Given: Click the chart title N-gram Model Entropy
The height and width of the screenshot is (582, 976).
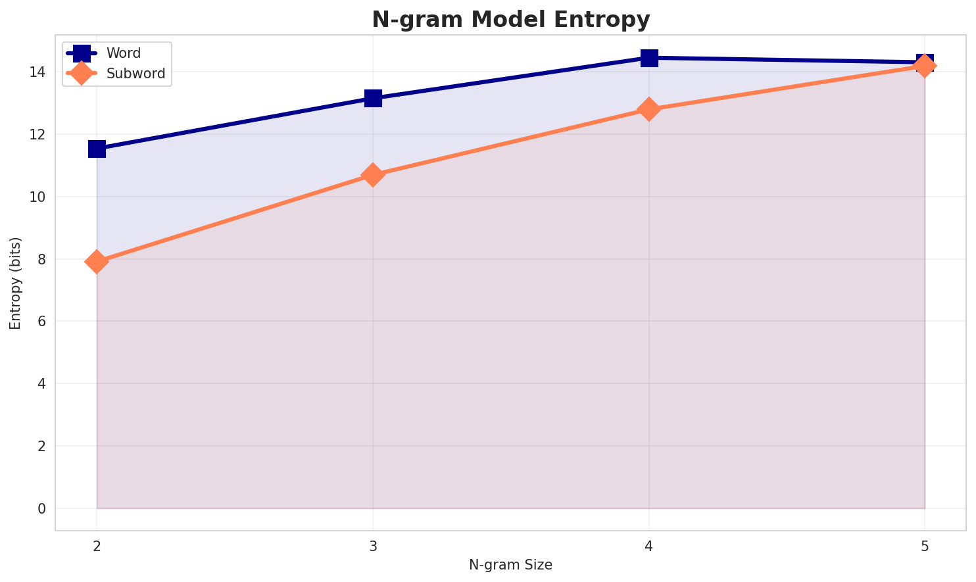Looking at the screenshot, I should [x=510, y=20].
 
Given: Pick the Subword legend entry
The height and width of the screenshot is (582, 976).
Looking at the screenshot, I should [x=135, y=74].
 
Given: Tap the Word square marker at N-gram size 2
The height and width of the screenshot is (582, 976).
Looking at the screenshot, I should [x=97, y=149].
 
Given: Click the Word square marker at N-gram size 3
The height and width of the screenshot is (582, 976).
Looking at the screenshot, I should [x=373, y=98].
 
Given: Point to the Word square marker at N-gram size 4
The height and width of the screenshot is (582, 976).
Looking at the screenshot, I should [x=649, y=58].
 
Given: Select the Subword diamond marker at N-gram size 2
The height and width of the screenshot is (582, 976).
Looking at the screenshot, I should [x=97, y=262].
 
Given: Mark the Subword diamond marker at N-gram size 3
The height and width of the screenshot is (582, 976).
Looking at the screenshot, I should [x=373, y=175].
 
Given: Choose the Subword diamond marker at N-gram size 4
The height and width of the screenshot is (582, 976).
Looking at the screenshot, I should [x=649, y=109].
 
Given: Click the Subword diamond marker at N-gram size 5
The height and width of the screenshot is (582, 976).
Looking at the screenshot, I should [x=925, y=66].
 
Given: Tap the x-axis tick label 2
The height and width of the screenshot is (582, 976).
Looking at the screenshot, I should [x=97, y=546].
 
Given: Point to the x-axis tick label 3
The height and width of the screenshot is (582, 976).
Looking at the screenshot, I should [x=373, y=546].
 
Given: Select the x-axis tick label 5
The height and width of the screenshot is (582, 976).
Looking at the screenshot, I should [x=925, y=546].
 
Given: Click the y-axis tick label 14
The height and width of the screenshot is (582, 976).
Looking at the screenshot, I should [x=41, y=72].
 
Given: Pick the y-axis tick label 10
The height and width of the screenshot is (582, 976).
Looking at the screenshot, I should [x=41, y=197].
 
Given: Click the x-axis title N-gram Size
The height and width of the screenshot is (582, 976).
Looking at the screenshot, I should [x=510, y=565].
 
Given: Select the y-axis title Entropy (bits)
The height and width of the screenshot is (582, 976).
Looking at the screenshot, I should [x=16, y=283].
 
